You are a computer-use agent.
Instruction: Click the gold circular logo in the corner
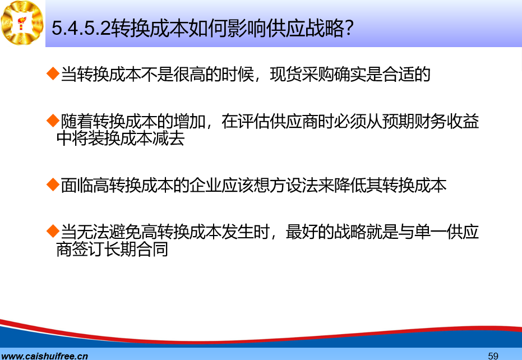click(22, 22)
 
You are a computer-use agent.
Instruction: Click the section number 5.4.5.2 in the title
click(81, 28)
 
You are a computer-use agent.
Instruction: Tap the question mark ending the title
click(349, 28)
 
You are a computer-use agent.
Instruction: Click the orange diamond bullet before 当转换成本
click(53, 73)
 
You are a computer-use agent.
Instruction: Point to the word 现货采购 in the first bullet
click(302, 74)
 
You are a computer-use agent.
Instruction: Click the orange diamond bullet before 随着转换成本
click(53, 121)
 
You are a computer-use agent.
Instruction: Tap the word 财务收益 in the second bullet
click(447, 121)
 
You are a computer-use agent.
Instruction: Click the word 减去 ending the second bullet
click(168, 138)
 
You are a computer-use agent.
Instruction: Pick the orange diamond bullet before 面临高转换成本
click(53, 184)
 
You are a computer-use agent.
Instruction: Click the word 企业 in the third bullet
click(205, 185)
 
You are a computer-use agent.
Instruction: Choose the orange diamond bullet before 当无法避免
click(53, 231)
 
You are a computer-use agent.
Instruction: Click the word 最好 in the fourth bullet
click(302, 232)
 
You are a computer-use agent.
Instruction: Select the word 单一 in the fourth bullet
click(431, 232)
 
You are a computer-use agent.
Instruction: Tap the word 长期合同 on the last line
click(136, 249)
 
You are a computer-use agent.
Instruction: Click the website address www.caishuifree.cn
click(44, 356)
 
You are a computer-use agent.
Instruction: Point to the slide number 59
click(493, 356)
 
